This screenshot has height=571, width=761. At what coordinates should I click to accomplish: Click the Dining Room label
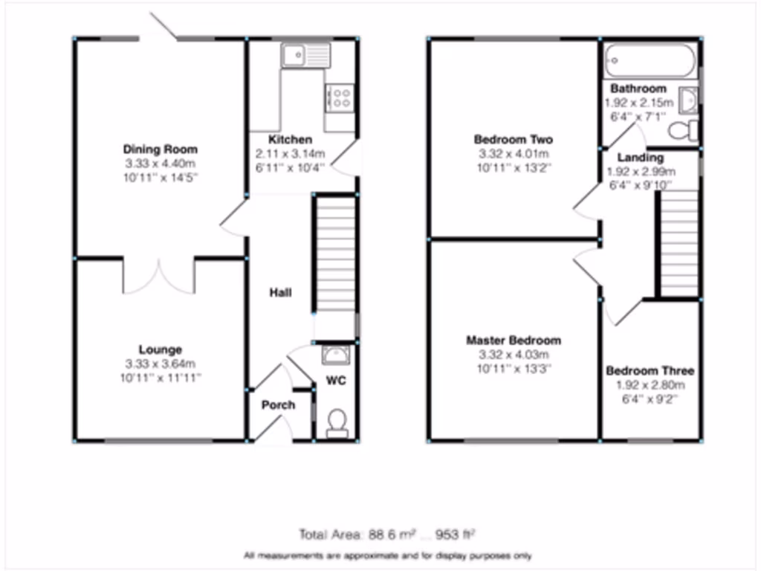click(x=160, y=149)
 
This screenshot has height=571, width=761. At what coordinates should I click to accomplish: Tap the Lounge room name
click(x=160, y=349)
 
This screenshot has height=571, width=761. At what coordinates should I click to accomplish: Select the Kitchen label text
click(x=290, y=140)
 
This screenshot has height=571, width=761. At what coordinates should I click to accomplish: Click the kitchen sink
click(x=305, y=54)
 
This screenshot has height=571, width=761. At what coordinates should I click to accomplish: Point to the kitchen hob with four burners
click(x=339, y=98)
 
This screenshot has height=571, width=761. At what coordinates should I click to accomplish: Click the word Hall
click(x=280, y=293)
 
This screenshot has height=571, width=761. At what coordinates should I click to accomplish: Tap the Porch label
click(x=278, y=405)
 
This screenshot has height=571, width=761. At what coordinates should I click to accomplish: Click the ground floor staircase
click(x=336, y=253)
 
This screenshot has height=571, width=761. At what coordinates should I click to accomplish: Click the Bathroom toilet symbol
click(x=682, y=131)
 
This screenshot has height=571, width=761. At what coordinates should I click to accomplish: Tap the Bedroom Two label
click(x=514, y=140)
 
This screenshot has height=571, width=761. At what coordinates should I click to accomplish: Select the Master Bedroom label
click(x=514, y=341)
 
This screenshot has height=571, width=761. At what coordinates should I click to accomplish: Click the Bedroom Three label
click(x=650, y=371)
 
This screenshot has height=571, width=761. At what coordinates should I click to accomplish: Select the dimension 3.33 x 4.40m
click(x=160, y=164)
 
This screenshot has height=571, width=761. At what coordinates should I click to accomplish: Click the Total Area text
click(x=386, y=534)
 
